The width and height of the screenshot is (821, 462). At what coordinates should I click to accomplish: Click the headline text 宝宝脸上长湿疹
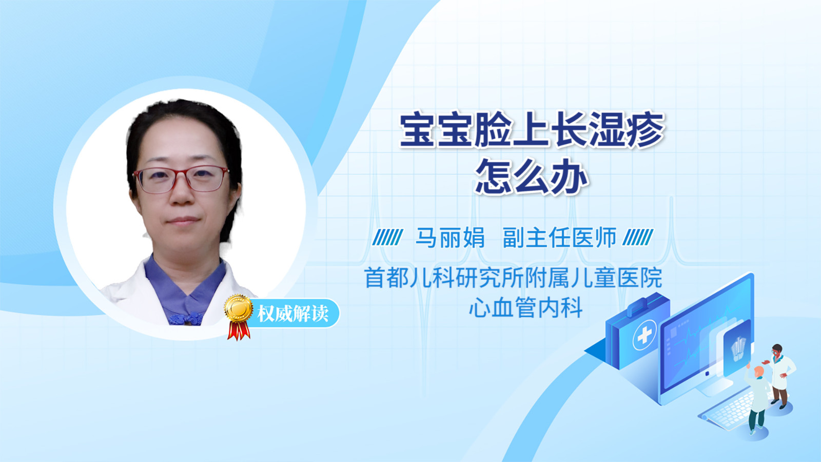point(532,130)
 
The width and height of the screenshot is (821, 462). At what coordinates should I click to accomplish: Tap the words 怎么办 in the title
point(532,177)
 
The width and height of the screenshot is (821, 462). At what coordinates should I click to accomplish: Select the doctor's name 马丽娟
point(450,238)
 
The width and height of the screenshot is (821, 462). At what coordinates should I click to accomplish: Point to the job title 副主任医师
point(559,238)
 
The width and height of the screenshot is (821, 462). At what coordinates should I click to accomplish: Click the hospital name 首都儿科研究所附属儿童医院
point(513,278)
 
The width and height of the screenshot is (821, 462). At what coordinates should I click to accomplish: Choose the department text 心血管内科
point(526,307)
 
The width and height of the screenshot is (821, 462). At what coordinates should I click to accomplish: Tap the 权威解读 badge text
point(292,314)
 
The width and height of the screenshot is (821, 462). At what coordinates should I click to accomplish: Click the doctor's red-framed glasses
point(181,179)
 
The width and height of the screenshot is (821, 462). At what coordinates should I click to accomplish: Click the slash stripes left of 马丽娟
point(387,238)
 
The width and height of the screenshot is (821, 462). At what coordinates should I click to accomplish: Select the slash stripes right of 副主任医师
point(638,238)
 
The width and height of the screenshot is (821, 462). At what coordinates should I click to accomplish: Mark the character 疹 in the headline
point(646,130)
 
